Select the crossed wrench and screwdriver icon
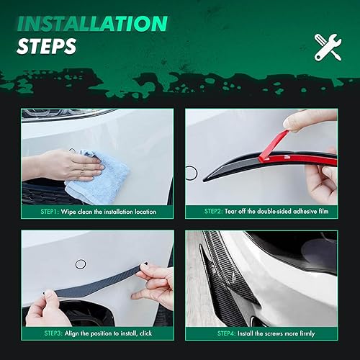[328, 46]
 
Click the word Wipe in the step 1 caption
[68, 212]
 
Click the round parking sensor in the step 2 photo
[191, 171]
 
